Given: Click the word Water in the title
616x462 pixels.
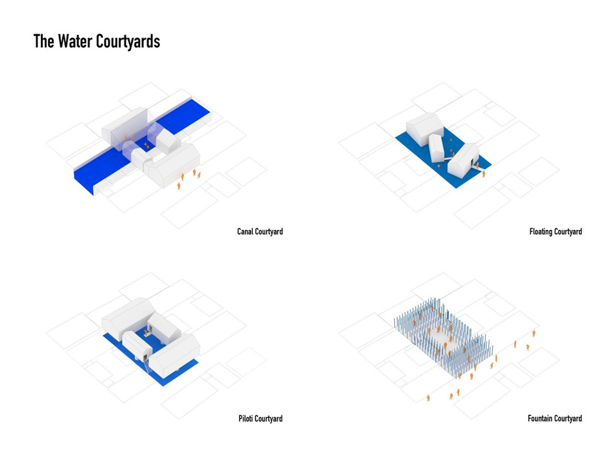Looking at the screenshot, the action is point(75,41).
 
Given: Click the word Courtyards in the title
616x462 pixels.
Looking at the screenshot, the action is point(128,42).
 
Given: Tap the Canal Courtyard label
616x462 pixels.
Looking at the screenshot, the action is point(260,231).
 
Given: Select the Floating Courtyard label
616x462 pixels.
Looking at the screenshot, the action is point(556,231).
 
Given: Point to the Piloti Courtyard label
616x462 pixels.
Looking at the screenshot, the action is point(261,419).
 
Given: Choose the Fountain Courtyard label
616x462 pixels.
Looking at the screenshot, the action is point(554,419).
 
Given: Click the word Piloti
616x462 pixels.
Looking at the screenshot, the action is point(246,419).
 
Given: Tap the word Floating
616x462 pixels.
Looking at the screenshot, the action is point(541,231).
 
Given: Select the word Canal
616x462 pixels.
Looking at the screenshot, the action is point(245,231).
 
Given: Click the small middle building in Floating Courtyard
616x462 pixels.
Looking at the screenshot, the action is point(436,148).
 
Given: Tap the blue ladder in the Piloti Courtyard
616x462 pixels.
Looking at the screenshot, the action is point(147,367).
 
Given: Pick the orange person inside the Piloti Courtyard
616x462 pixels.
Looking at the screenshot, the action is point(146,333).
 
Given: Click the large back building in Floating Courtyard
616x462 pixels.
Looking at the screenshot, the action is point(424,129).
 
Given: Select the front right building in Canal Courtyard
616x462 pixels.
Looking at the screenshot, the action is point(173,165).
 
